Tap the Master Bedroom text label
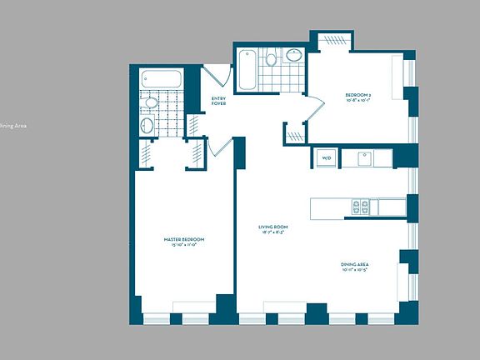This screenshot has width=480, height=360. tap(183, 242)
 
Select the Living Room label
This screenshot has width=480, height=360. tap(272, 229)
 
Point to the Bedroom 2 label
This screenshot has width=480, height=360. tap(358, 98)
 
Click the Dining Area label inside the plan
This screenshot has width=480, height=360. tap(354, 267)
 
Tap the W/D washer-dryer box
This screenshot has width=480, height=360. tap(325, 157)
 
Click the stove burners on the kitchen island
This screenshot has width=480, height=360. tap(360, 206)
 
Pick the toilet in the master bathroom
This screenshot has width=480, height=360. tap(150, 103)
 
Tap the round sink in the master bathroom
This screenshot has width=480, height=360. tap(147, 125)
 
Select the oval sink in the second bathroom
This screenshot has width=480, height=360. tap(294, 56)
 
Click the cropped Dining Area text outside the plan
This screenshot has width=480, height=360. tap(13, 125)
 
